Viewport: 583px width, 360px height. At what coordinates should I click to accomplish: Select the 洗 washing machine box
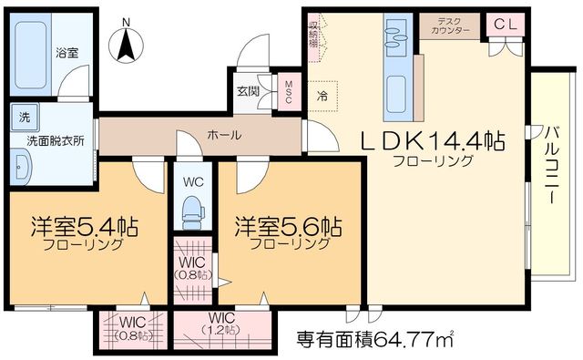[x=21, y=116]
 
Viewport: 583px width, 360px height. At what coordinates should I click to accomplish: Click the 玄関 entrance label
[x=249, y=90]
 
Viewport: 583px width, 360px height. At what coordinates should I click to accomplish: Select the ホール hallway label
[x=224, y=135]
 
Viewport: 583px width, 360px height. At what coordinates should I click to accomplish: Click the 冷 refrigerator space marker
[x=323, y=94]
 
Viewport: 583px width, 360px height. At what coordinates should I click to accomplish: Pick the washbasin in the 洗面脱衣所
[x=23, y=168]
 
